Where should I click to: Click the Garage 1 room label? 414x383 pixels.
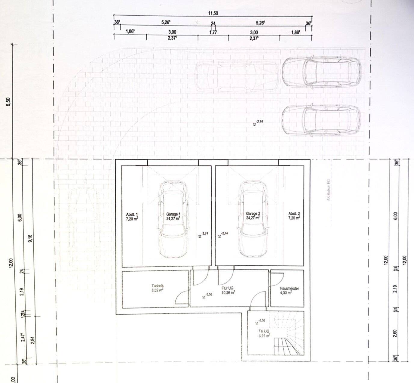point(173,216)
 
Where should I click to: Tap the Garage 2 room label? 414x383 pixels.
point(253,216)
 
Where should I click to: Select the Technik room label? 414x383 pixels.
point(158,289)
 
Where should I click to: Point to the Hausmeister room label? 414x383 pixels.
point(289,290)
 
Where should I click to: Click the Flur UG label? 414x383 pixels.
point(228,290)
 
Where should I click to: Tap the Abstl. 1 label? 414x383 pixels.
point(132,216)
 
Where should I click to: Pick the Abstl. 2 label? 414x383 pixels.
point(294,216)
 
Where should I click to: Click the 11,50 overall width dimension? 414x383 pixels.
point(213,13)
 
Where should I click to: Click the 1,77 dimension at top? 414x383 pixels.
point(213,32)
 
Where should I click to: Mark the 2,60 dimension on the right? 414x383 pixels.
point(395,333)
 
